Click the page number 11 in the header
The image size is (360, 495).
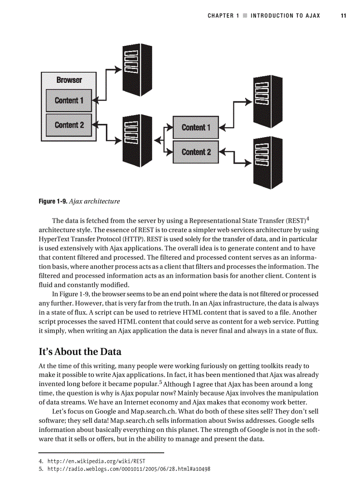click(343, 16)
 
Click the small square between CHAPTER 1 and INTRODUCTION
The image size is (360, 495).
click(245, 16)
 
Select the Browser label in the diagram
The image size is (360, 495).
click(69, 80)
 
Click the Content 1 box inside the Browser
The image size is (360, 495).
click(69, 100)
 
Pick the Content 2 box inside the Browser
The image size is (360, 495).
click(69, 125)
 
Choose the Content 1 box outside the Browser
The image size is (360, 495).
click(196, 127)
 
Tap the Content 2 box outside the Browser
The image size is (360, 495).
click(196, 152)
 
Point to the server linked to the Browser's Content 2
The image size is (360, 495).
click(137, 141)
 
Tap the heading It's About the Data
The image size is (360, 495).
click(80, 352)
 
